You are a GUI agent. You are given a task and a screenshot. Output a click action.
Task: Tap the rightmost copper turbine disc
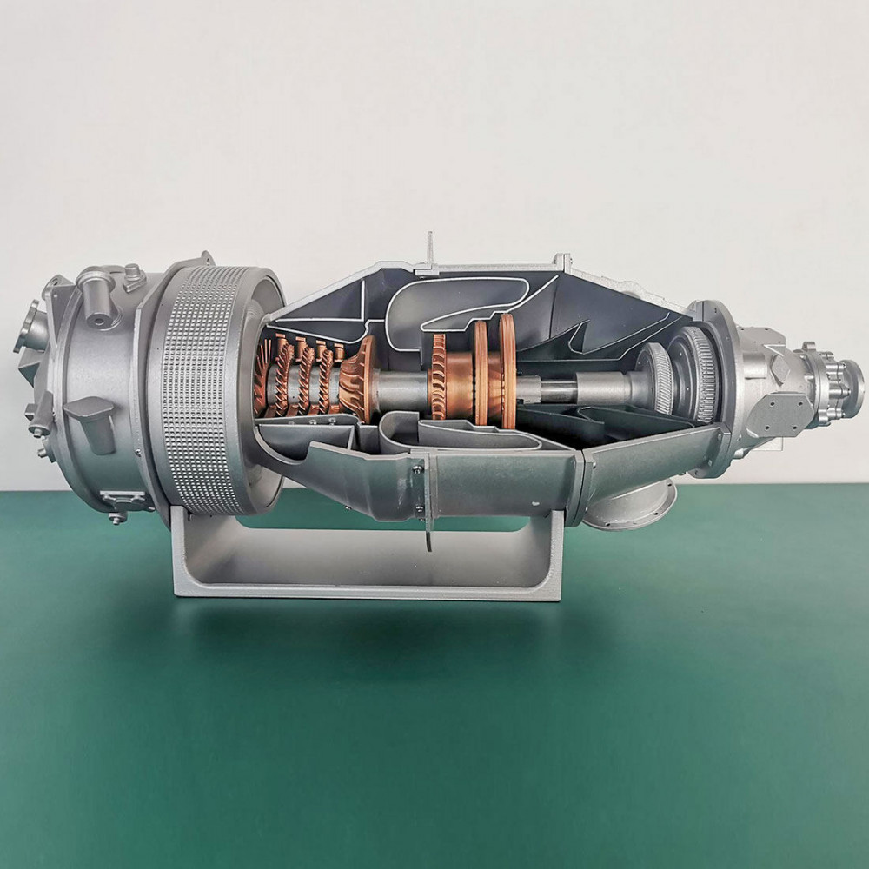tap(507, 370)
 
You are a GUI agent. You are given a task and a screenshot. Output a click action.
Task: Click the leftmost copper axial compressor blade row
tap(262, 378)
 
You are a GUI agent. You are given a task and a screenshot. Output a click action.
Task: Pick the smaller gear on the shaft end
tap(656, 378)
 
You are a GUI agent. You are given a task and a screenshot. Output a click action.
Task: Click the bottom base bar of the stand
tap(365, 591)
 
